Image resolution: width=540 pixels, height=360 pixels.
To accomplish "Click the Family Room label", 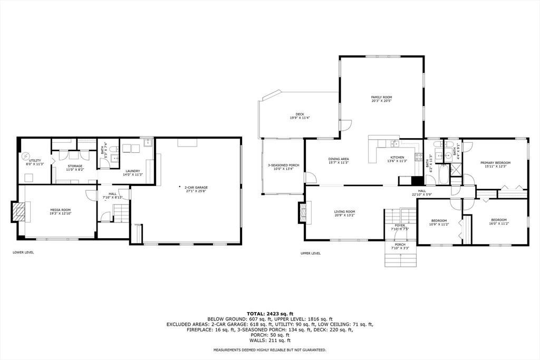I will [381, 98].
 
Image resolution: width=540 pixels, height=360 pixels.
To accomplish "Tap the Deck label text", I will [300, 114].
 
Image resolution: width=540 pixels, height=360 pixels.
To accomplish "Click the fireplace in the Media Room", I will [18, 212].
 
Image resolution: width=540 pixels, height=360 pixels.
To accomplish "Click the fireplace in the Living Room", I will [302, 212].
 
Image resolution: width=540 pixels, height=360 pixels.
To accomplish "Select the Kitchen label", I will [397, 158].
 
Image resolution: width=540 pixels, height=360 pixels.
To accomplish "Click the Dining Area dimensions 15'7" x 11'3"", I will [339, 163].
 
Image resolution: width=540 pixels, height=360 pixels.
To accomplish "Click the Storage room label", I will [74, 166].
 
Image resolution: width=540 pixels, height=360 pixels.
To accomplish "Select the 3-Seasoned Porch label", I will [283, 166].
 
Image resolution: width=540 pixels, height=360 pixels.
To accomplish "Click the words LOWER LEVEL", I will [23, 252].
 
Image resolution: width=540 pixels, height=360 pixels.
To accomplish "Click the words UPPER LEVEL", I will [310, 253].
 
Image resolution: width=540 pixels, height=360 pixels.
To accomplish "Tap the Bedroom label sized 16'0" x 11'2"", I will [499, 220].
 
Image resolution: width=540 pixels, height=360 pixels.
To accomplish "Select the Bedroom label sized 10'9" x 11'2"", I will [439, 220].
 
